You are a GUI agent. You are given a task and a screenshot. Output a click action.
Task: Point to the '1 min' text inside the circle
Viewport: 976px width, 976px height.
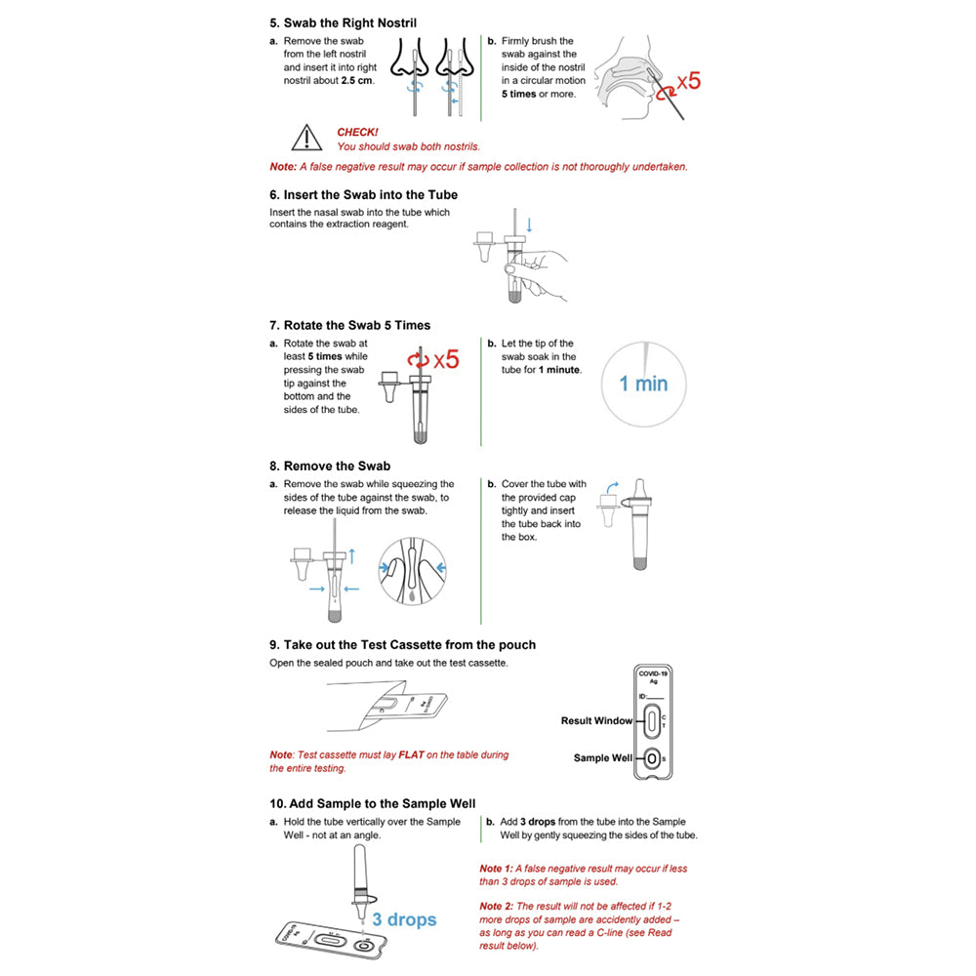tap(644, 384)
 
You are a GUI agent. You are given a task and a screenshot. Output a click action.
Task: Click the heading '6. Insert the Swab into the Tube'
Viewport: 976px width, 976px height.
tap(363, 194)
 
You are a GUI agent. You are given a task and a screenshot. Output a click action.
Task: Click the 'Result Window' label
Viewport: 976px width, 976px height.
tap(596, 721)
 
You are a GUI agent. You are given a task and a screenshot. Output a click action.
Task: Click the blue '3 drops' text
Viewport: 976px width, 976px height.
tap(404, 919)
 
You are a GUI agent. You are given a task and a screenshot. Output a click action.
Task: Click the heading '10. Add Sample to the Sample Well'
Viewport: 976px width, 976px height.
tap(372, 803)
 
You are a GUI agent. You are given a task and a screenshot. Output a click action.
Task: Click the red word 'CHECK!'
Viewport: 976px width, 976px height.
tap(357, 132)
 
